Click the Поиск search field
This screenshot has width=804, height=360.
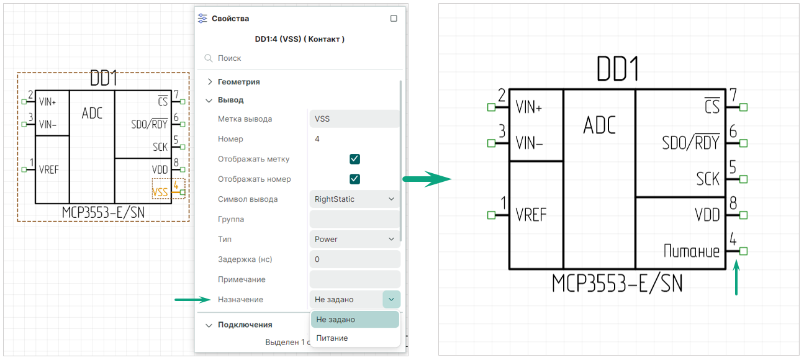(x=298, y=58)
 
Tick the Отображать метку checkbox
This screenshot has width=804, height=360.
(x=355, y=159)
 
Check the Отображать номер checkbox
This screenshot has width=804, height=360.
(x=355, y=179)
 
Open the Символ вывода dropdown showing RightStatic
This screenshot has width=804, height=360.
(x=354, y=199)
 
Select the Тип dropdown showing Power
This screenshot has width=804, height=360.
(x=354, y=239)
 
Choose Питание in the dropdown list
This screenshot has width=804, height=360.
(x=332, y=338)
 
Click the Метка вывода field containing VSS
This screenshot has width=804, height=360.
(x=354, y=119)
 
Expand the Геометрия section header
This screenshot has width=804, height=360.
(x=238, y=82)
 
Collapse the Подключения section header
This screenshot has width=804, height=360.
(x=245, y=325)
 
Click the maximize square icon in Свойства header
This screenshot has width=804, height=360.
(x=394, y=19)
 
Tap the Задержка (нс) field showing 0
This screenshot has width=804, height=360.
(x=354, y=259)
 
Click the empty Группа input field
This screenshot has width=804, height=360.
(x=354, y=219)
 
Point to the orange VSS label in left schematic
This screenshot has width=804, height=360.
(x=160, y=192)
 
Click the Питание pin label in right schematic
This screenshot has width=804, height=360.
(x=691, y=251)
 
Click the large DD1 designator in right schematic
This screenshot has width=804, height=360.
(x=617, y=69)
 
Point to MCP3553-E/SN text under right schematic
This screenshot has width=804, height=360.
(x=617, y=284)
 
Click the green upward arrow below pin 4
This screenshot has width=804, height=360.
(x=736, y=278)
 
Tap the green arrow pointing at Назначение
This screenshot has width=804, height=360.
(x=192, y=300)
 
